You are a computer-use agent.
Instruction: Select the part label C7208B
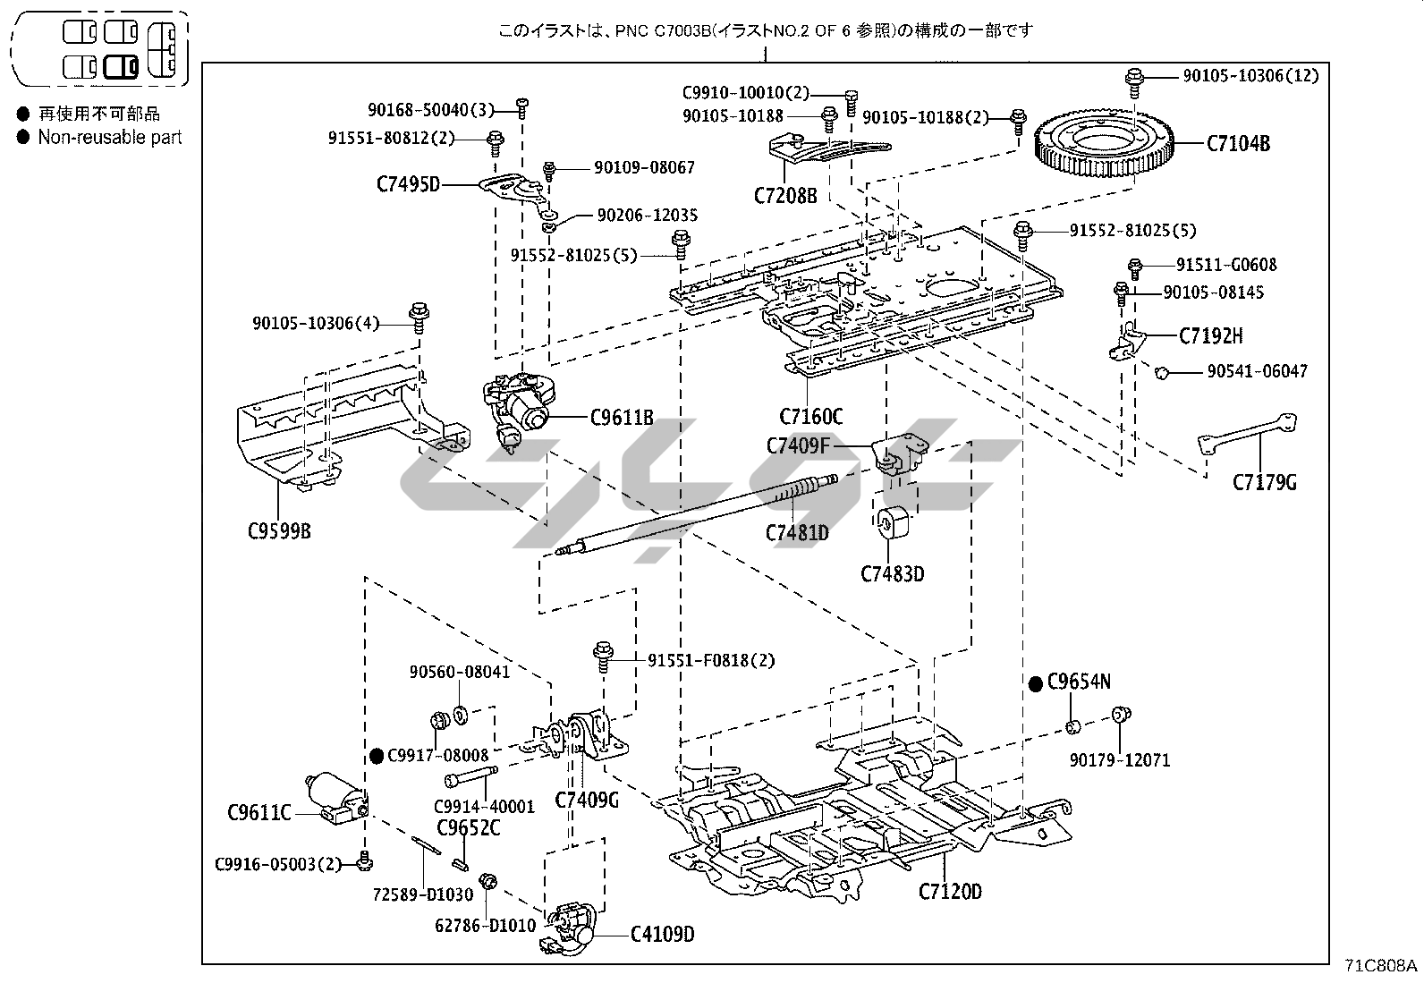(785, 195)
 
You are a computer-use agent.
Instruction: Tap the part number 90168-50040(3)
(430, 109)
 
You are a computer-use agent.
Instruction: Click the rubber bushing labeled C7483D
(891, 523)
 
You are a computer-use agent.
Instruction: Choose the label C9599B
(279, 531)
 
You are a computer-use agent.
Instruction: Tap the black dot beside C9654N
(1036, 683)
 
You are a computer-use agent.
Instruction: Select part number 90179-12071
(1119, 760)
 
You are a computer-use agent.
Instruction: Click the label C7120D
(950, 891)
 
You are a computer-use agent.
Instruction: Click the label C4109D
(662, 935)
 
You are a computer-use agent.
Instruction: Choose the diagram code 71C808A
(1381, 965)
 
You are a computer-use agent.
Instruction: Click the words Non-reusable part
(109, 138)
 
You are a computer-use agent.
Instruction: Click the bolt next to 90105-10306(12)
(1135, 78)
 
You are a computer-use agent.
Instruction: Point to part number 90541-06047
(1257, 370)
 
